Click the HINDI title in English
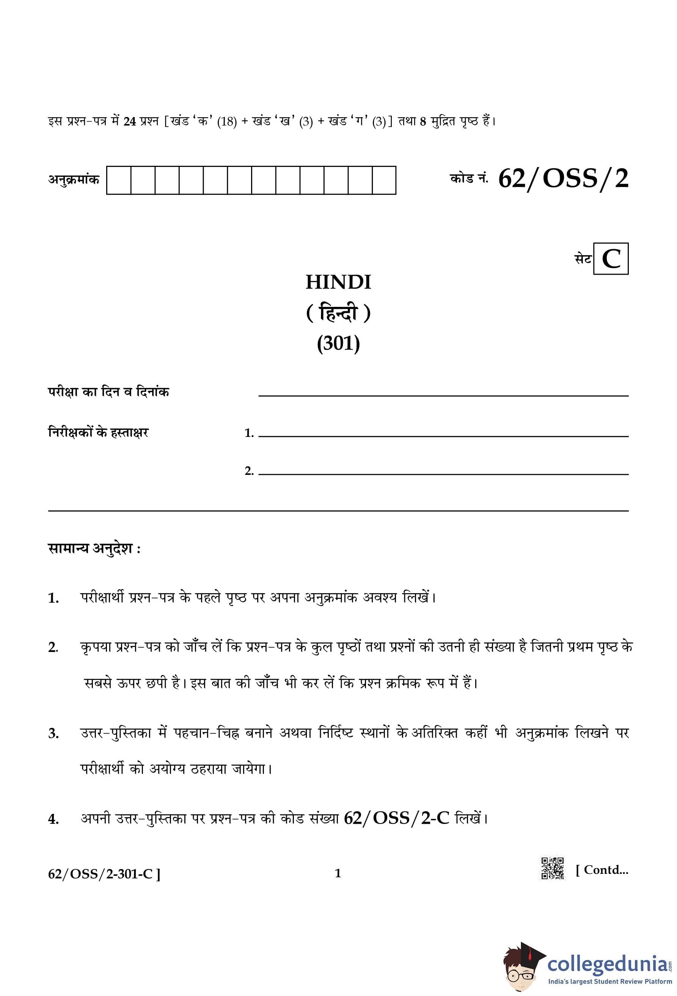pos(338,282)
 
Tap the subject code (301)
pos(338,343)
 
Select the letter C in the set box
pos(611,259)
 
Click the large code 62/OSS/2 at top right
pos(563,178)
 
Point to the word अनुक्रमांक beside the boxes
pos(73,179)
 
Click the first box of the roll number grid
pos(119,181)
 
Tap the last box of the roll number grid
pos(384,181)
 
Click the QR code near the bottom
pos(552,868)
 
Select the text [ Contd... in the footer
pos(602,870)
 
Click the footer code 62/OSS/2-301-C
pos(104,873)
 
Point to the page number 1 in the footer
pos(338,873)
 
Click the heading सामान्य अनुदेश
pos(94,549)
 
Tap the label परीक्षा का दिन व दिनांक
pos(108,392)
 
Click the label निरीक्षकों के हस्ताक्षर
pos(98,432)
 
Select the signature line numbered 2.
pos(443,474)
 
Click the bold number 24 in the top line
pos(129,122)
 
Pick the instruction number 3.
pos(53,734)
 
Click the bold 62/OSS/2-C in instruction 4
pos(396,818)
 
